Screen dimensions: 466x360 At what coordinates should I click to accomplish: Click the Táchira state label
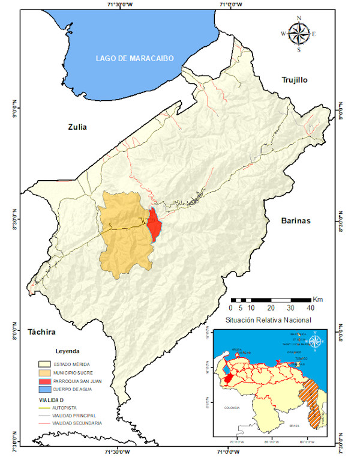point(42,331)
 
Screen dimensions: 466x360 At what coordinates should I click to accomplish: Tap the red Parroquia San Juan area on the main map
point(154,224)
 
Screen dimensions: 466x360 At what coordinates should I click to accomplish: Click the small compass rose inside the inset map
point(318,343)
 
